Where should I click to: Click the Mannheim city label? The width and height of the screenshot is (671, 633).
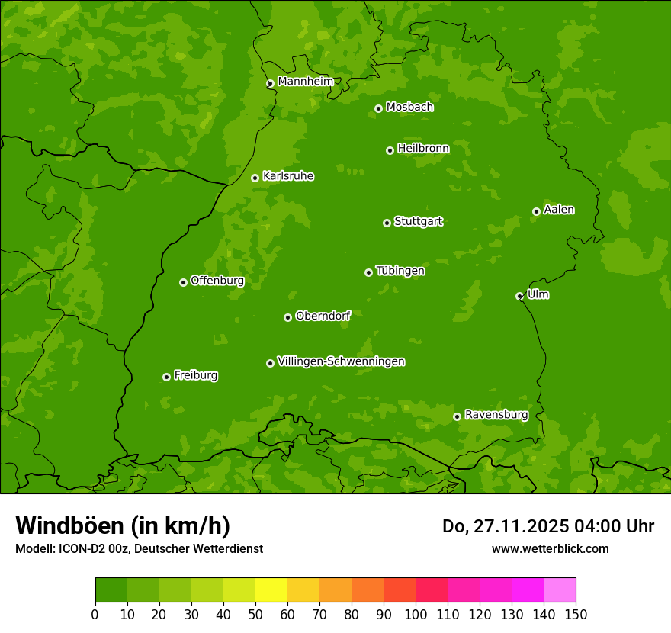305,82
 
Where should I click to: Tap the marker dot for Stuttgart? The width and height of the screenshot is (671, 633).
387,223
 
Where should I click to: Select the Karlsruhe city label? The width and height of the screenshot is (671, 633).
288,176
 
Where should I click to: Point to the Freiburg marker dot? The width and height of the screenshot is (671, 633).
166,377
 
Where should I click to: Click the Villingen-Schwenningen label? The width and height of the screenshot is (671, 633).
341,361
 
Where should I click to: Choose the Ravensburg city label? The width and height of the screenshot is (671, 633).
496,415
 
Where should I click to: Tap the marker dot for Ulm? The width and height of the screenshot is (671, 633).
519,296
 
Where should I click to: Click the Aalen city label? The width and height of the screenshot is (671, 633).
559,210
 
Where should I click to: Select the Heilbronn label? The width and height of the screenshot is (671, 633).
423,149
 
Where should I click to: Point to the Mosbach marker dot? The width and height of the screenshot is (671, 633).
378,108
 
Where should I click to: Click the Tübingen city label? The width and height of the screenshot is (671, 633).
400,271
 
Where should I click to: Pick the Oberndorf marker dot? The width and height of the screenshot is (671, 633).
287,317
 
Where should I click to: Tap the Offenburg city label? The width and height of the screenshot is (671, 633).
217,281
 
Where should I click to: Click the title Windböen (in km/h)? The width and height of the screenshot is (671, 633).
123,525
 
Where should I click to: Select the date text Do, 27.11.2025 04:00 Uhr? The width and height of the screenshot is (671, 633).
548,526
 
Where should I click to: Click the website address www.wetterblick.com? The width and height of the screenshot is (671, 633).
550,548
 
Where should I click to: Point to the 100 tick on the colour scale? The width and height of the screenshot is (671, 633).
416,614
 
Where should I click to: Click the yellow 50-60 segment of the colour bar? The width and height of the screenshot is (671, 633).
271,590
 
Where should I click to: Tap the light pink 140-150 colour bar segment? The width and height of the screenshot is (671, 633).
560,590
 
